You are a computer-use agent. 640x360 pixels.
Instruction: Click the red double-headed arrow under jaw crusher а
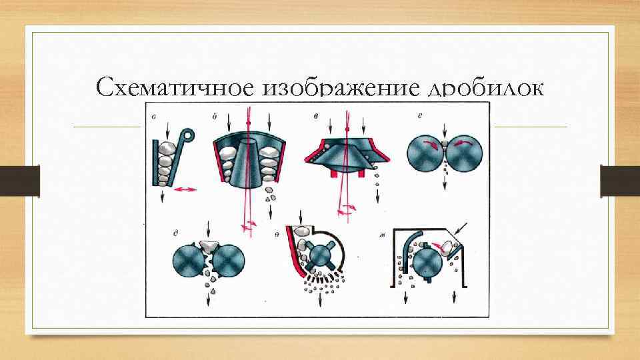186,190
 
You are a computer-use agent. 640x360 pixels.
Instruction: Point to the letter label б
215,117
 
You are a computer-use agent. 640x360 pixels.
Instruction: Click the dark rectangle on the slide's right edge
620,181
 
